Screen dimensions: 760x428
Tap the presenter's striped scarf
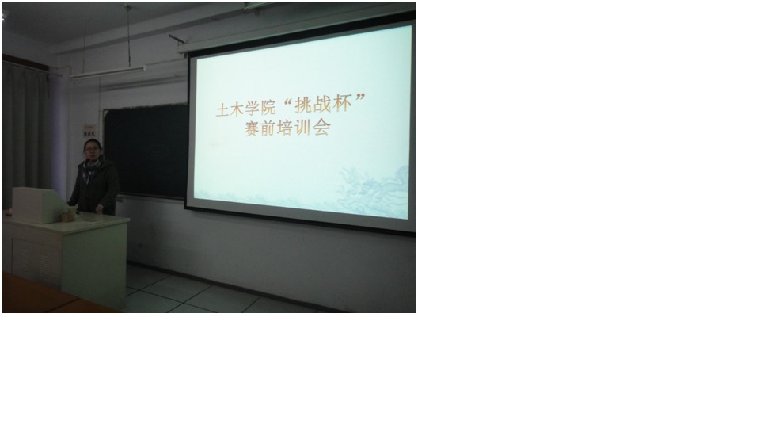point(90,167)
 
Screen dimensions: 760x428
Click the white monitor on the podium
point(38,204)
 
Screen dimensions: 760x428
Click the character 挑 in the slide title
point(304,104)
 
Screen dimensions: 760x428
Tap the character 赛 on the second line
point(253,129)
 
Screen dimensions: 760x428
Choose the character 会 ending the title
point(322,127)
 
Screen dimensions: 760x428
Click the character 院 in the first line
point(267,107)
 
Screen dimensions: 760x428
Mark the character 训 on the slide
point(305,128)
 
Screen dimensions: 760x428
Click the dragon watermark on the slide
point(373,191)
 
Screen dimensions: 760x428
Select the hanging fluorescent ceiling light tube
point(108,72)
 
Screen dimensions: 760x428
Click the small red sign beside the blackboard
point(89,131)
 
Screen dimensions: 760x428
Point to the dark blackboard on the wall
point(146,151)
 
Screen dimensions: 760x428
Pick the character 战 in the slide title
point(323,103)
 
